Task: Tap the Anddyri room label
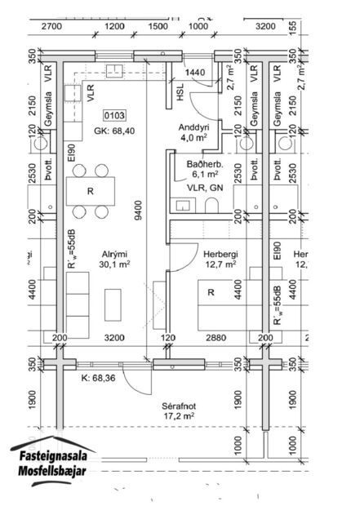[195, 127]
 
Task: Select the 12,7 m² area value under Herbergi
[220, 264]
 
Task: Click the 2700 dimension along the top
[51, 26]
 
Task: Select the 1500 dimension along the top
[158, 26]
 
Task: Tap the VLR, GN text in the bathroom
[204, 186]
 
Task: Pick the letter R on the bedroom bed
[211, 292]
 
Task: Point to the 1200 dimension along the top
[115, 26]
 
